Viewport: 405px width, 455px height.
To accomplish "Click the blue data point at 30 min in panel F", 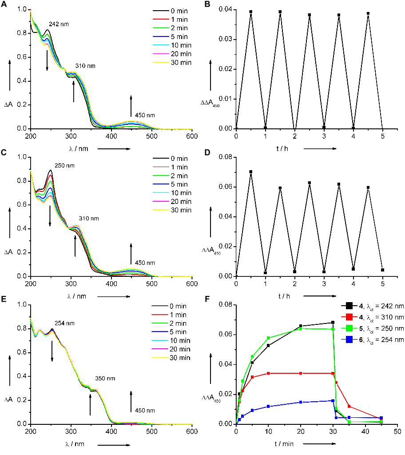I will coord(333,400).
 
